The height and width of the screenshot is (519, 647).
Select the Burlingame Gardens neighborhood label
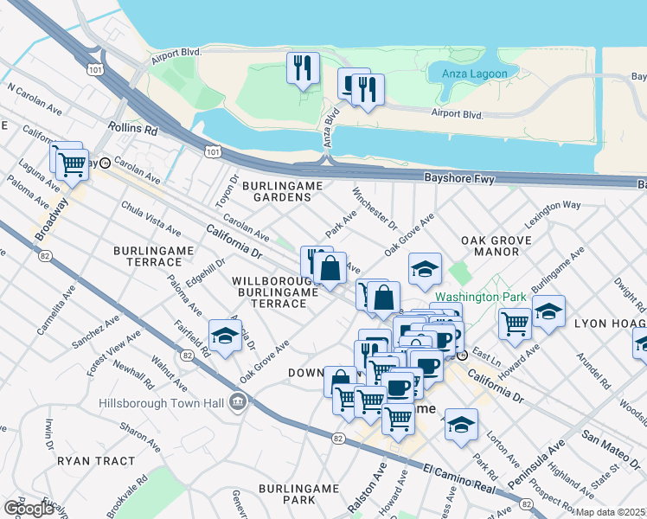(282, 191)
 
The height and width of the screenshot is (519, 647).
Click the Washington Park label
(481, 297)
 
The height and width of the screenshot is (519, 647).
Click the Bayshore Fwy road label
(458, 176)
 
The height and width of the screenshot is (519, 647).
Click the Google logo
(28, 509)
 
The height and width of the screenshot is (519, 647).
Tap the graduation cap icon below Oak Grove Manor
(425, 269)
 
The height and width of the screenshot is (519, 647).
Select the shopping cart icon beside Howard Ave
(515, 324)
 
